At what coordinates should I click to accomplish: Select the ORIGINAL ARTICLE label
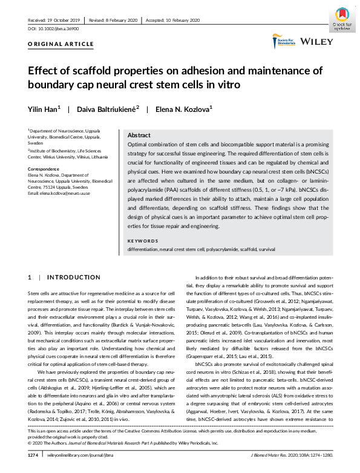[x=61, y=44]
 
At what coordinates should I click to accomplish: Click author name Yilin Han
[x=44, y=109]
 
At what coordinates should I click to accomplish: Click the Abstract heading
[x=140, y=135]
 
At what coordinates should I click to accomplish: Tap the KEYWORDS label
[x=142, y=240]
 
